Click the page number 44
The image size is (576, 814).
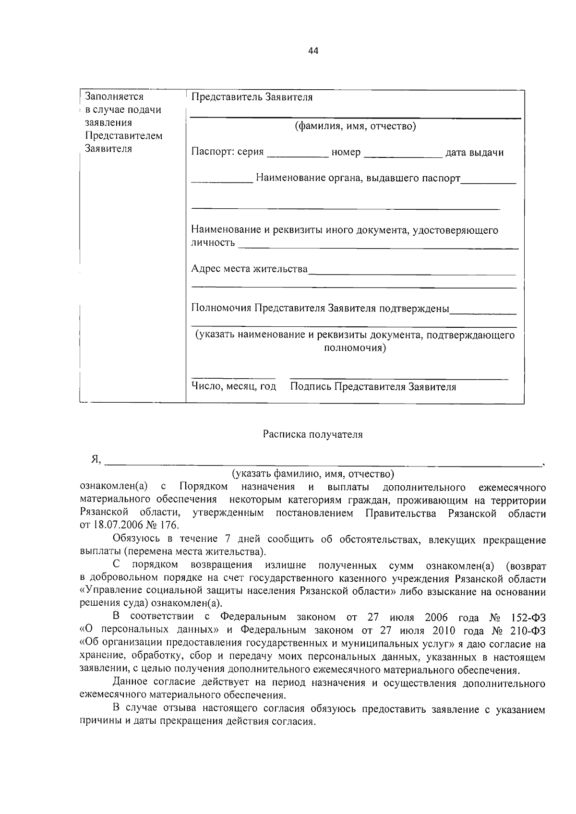point(313,51)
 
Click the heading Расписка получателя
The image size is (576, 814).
point(312,435)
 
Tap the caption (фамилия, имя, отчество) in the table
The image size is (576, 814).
point(355,126)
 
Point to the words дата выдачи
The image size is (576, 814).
point(474,153)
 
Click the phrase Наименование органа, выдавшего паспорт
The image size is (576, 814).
point(358,179)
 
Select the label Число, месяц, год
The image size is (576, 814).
point(234,386)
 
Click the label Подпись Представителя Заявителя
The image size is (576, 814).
point(373,387)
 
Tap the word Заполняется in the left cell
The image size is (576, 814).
point(114,96)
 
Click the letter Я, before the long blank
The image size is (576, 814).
point(96,460)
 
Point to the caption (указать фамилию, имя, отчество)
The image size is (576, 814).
point(312,474)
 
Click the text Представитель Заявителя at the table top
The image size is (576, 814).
point(252,97)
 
